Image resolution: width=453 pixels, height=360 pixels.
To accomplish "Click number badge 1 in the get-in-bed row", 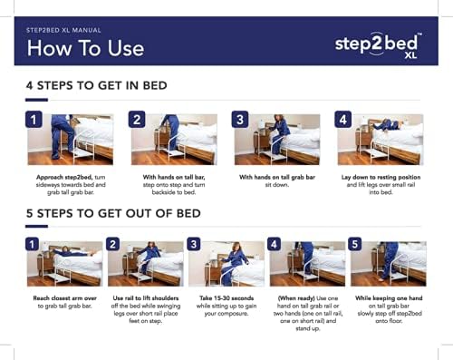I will click(x=33, y=121).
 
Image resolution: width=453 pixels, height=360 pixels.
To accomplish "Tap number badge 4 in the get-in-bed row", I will click(x=343, y=121).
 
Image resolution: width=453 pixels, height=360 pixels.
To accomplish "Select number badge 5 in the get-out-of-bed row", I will click(x=356, y=244).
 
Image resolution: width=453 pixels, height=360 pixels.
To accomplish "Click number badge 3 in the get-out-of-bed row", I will click(x=194, y=244).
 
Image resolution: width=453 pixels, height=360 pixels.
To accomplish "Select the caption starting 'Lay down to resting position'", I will click(x=382, y=183).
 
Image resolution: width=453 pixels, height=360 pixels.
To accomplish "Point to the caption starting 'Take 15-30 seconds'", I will click(x=225, y=306).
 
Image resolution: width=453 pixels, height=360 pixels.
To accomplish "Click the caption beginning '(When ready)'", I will click(x=306, y=312).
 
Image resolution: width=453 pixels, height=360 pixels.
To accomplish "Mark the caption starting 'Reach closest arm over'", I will click(x=63, y=302).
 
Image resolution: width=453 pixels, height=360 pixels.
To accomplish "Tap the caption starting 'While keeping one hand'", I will click(x=388, y=306).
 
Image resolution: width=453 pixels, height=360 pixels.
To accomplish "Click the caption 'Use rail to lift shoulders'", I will click(x=145, y=306).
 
